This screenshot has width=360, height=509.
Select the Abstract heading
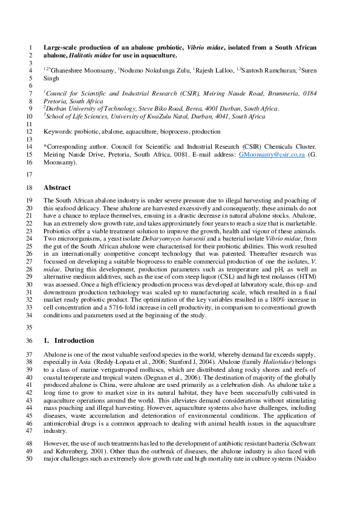(x=57, y=188)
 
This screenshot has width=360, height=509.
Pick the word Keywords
(x=58, y=131)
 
